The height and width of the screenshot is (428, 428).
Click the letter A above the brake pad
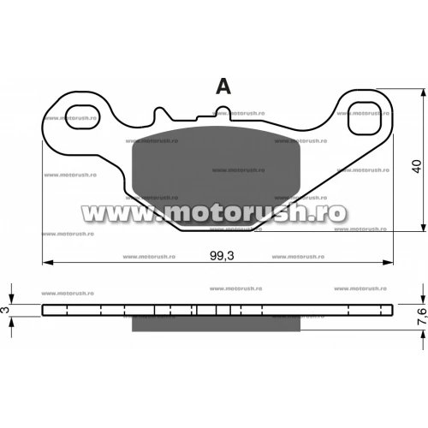(223, 86)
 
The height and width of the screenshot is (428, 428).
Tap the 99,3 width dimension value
(222, 256)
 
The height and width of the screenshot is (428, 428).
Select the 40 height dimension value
(417, 166)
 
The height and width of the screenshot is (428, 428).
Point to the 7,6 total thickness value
(423, 316)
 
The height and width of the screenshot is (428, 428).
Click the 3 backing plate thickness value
(5, 310)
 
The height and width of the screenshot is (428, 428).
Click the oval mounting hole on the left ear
(82, 116)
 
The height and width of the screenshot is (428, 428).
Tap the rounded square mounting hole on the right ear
(365, 118)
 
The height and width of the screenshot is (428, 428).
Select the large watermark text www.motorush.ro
(214, 212)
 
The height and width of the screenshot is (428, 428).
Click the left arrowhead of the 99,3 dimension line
(48, 262)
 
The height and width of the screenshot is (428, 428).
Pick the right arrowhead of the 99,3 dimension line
(388, 262)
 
